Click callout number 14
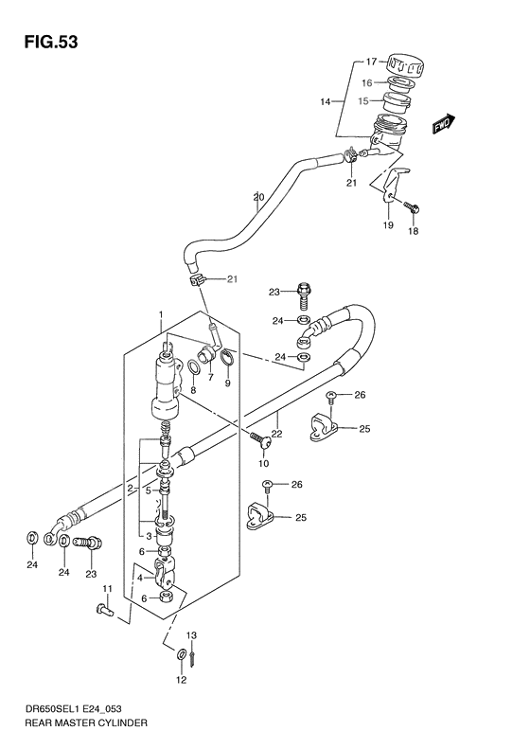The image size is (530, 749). tap(325, 100)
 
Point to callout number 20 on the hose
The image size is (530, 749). tap(257, 198)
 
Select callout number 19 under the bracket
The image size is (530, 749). tap(387, 225)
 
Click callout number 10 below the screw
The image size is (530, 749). tap(264, 464)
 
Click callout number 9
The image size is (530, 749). tap(227, 384)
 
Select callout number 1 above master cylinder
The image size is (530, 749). tap(162, 315)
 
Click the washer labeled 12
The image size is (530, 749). tap(181, 653)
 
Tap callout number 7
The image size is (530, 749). tap(211, 377)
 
